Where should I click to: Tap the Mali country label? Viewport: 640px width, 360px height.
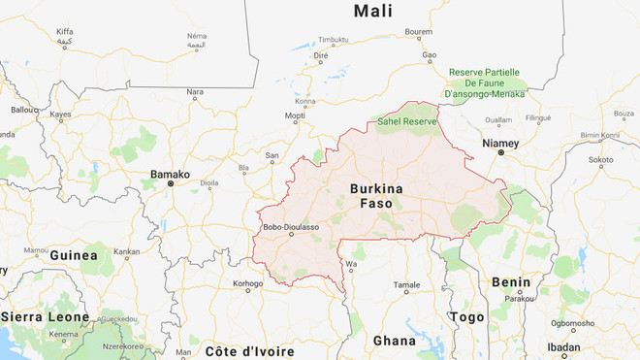372,12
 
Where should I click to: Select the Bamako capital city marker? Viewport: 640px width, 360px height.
171,182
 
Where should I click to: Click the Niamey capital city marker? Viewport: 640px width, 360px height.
501,153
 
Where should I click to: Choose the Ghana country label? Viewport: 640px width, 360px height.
394,341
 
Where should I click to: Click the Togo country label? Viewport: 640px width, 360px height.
467,317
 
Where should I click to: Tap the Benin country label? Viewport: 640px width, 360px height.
511,281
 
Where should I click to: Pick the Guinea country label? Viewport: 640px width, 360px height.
76,256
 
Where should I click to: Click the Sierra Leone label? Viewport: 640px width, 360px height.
46,316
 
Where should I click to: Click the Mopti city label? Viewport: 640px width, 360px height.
295,115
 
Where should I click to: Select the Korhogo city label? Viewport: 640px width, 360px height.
247,283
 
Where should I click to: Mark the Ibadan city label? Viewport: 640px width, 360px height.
562,346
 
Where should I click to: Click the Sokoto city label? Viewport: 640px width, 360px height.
600,158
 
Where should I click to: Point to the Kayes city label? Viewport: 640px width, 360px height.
61,114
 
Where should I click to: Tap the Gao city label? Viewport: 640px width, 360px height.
429,57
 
